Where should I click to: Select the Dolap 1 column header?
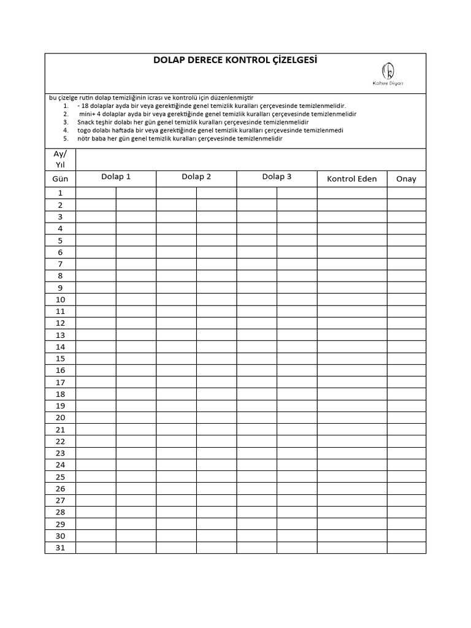(116, 177)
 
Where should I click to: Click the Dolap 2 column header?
(196, 177)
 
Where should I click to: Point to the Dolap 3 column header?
(277, 177)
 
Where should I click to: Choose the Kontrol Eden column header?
(351, 179)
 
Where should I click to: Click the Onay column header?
(406, 179)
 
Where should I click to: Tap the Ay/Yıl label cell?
(60, 159)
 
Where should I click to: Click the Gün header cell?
(60, 179)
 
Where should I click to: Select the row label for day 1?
(60, 193)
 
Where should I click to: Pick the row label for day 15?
(60, 359)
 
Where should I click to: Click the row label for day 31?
(60, 548)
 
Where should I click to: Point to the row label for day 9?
(60, 288)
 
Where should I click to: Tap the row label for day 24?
(60, 465)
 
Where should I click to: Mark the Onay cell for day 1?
(406, 193)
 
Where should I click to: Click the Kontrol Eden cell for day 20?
(351, 418)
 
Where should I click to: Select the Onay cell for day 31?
(406, 548)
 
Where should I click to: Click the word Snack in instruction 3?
(86, 122)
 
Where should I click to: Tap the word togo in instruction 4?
(84, 130)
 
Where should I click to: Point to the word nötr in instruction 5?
(84, 138)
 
